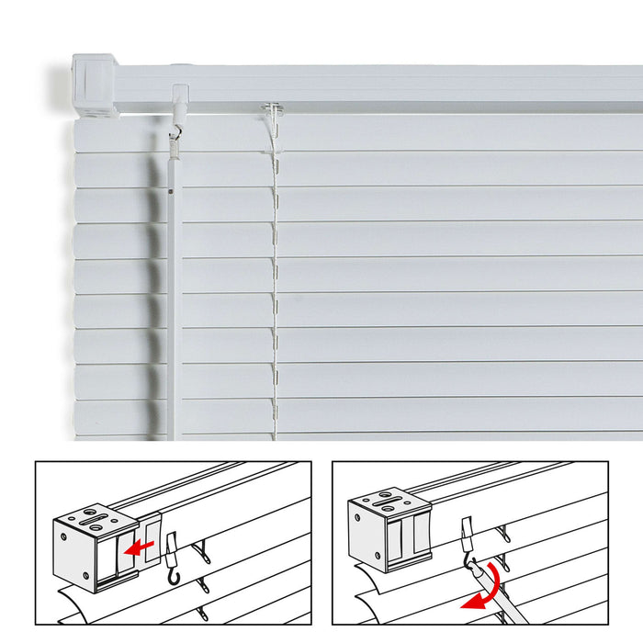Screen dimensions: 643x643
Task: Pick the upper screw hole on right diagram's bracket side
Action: pos(359,522)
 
